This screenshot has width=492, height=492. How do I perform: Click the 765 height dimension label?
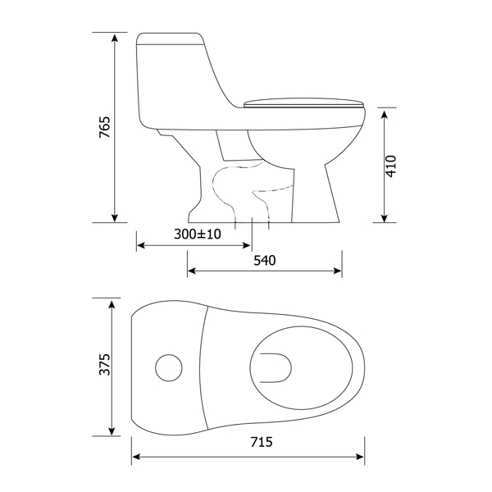click(104, 127)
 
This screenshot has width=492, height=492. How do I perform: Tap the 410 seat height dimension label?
click(391, 166)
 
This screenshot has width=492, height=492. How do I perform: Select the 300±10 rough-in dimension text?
click(198, 234)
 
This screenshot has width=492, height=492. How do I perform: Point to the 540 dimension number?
click(265, 261)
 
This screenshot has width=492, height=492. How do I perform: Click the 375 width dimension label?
click(104, 364)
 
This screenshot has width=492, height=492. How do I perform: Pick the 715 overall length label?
click(262, 442)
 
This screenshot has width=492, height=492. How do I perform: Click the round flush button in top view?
click(169, 367)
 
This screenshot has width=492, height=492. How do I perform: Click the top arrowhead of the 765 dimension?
click(115, 38)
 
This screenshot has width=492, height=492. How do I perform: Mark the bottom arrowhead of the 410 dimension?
click(385, 218)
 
